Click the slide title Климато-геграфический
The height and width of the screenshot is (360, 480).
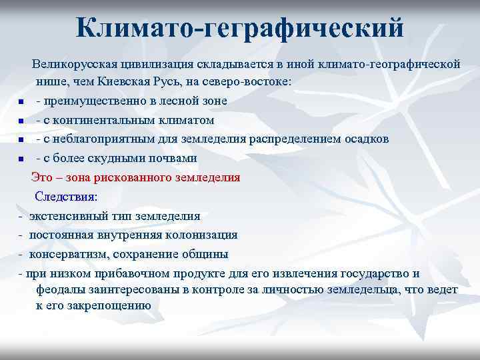(x=240, y=28)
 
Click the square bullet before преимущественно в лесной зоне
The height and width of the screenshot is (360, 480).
(x=22, y=102)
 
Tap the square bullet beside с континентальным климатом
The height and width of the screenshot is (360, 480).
(x=22, y=121)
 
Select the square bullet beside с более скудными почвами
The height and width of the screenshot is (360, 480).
(x=22, y=159)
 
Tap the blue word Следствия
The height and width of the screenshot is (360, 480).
(x=65, y=197)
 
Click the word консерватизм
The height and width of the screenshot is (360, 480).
(x=69, y=254)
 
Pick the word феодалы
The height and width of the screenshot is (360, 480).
(x=59, y=290)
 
